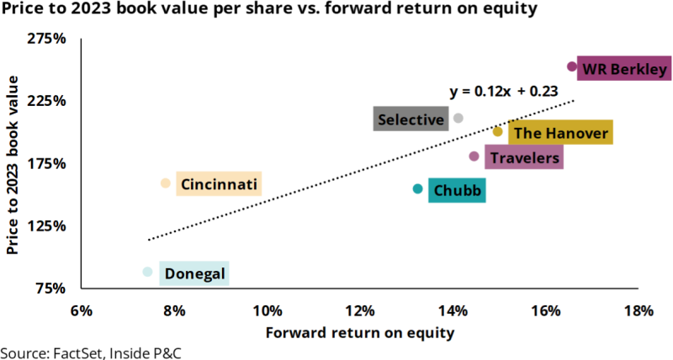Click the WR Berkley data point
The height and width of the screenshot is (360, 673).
572,66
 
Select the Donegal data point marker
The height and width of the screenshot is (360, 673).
147,272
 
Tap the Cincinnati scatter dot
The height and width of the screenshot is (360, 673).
165,183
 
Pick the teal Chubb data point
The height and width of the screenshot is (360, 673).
418,189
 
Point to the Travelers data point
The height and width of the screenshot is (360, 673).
474,156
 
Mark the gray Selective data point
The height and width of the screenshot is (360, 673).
458,119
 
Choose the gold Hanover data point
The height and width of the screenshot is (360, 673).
497,132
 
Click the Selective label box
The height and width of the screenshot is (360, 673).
411,119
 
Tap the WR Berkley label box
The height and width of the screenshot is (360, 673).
625,68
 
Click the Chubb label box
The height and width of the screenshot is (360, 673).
458,191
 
